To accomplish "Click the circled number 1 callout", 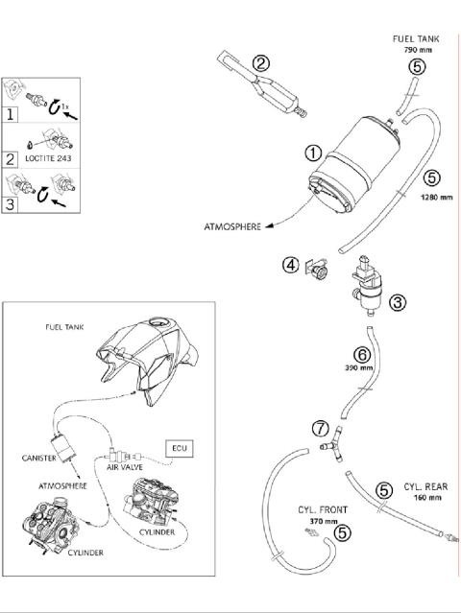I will point(314,152).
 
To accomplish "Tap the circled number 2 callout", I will point(260,63).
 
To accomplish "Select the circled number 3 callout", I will point(397,301).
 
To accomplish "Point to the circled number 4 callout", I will point(289,264).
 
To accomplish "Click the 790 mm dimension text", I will point(415,49).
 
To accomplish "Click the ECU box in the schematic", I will point(180,447).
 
